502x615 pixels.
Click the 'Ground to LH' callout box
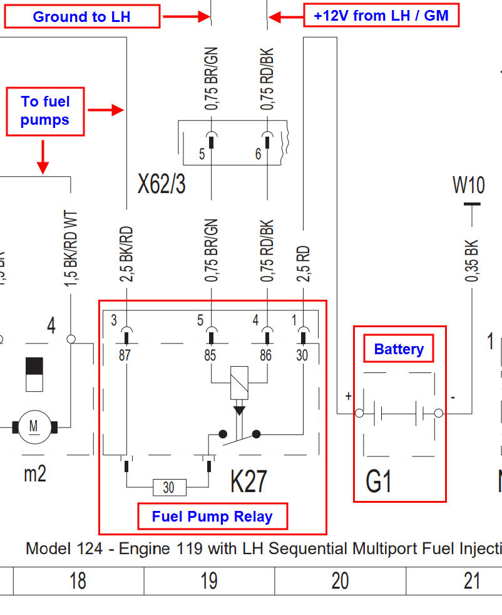tap(82, 17)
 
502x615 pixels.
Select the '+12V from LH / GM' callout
tap(381, 16)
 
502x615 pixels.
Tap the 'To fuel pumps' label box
tap(45, 111)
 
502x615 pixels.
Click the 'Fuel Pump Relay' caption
tap(212, 517)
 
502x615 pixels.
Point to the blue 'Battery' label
tap(399, 349)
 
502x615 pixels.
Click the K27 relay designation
tap(248, 481)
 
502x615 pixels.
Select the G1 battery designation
tap(379, 482)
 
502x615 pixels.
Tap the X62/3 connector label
tap(161, 184)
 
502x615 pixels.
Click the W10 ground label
tap(468, 185)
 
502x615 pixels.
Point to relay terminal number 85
tap(210, 355)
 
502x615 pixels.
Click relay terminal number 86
tap(266, 355)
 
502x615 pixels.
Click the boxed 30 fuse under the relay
tap(168, 487)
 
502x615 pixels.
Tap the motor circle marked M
tap(33, 428)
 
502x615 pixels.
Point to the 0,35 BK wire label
tap(471, 260)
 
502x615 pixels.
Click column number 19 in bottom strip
tap(209, 581)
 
